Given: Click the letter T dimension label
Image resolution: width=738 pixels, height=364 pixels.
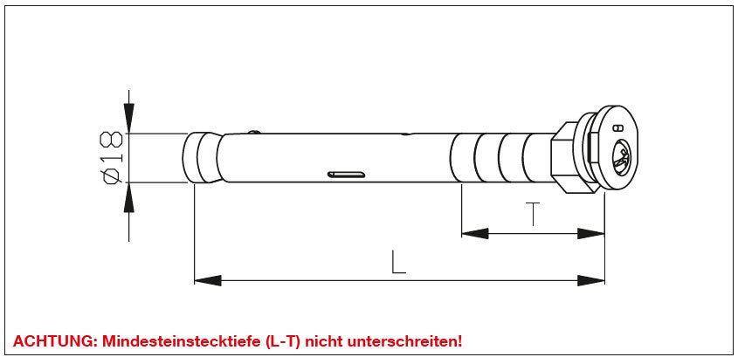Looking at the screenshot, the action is pos(532,214).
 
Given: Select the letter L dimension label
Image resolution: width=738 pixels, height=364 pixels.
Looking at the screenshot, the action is pos(398,262).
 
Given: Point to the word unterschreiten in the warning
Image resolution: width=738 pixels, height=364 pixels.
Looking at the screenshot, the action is pos(403,341).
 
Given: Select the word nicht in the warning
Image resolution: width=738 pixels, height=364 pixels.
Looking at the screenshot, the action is pos(324,341).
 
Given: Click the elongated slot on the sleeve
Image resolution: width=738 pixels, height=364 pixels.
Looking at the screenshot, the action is pos(347,175).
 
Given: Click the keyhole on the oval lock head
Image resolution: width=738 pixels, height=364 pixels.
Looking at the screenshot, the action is pos(621,158).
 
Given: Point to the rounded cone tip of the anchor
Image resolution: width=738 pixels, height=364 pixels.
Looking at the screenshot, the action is pos(201,157).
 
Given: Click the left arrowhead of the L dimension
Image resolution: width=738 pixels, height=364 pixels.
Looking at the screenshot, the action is pos(208,281).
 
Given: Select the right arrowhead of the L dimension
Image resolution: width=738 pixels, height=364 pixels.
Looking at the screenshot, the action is pos(591,281).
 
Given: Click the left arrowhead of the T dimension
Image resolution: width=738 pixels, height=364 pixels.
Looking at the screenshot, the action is pos(475,233).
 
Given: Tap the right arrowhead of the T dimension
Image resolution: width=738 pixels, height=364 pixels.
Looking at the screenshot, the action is pos(591,233).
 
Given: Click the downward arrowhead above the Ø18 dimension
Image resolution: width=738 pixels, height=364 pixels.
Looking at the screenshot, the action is pos(128,118).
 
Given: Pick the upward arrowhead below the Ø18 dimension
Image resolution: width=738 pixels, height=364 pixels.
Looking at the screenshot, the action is pos(128,197).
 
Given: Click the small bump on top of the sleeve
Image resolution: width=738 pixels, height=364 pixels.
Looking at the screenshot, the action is pos(254,132).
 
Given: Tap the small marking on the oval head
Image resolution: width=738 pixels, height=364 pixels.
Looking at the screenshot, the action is pos(619,127).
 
